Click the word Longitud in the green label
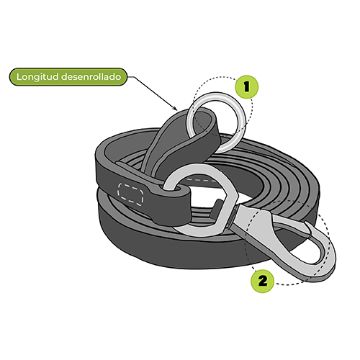[37, 77]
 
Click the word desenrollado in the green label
[91, 77]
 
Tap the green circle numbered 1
[247, 86]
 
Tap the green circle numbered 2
[262, 281]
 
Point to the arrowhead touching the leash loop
[176, 108]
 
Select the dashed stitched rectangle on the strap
[130, 194]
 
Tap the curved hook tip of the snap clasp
[310, 227]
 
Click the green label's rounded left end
[14, 77]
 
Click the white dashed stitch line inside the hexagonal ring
[201, 180]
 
